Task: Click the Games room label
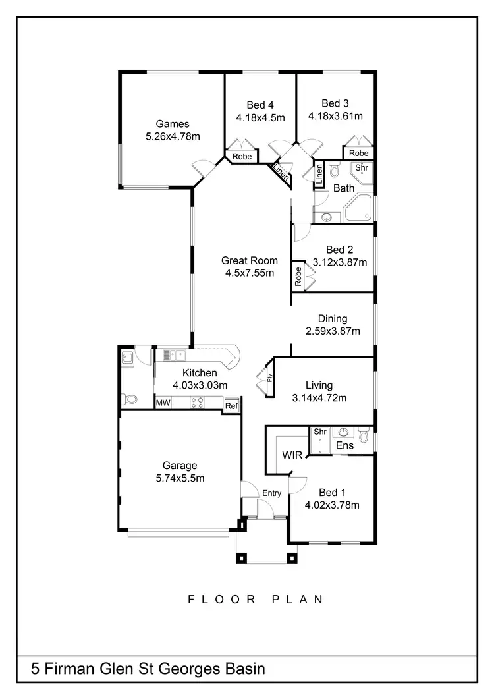click(x=173, y=124)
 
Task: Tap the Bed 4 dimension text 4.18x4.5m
click(x=260, y=118)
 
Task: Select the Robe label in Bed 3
click(x=359, y=154)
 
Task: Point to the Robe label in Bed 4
click(x=242, y=157)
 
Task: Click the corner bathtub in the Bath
click(x=358, y=208)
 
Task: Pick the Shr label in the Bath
click(x=362, y=168)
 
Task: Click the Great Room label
click(x=249, y=260)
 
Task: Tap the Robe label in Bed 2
click(x=298, y=277)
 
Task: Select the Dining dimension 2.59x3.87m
click(x=333, y=331)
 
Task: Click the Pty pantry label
click(x=270, y=377)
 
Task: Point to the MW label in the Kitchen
click(x=163, y=403)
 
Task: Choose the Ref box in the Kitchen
click(x=231, y=406)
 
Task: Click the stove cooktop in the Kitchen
click(x=197, y=403)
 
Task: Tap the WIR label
click(x=292, y=455)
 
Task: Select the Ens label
click(x=344, y=446)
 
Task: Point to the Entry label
click(x=271, y=493)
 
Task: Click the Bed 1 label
click(x=332, y=493)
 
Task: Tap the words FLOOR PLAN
click(x=256, y=600)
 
